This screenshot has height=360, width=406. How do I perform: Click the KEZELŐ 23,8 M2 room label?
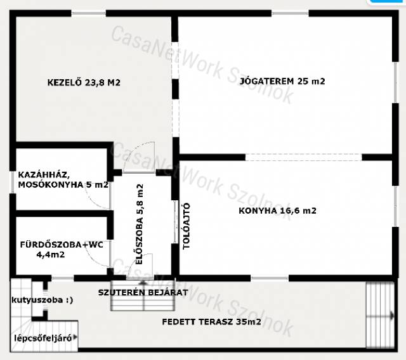(x=84, y=82)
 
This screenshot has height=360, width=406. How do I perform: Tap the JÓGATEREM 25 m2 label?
(x=282, y=81)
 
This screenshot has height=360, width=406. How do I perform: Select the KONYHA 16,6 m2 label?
(x=277, y=211)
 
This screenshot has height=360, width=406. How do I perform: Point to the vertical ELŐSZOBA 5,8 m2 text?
(x=140, y=224)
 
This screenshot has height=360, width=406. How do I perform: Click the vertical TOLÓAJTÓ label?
(x=187, y=226)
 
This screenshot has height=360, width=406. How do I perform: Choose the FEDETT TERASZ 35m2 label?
(x=211, y=322)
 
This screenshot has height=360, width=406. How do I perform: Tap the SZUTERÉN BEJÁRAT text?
(x=143, y=293)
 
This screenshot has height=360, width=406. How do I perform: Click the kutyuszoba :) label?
(x=43, y=300)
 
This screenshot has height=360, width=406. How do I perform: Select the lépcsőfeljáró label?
(x=43, y=338)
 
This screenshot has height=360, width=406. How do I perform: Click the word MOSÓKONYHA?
(x=51, y=185)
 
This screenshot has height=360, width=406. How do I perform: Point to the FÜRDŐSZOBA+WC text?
(x=62, y=245)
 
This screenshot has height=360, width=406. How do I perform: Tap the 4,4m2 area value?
(x=51, y=255)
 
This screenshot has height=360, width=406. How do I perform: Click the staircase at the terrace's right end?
(x=380, y=315)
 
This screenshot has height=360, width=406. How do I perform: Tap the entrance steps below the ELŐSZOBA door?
(x=143, y=295)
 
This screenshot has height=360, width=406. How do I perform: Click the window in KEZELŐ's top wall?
(x=89, y=13)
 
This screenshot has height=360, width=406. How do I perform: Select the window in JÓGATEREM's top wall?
(x=290, y=13)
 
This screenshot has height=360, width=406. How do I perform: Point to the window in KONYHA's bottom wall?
(x=270, y=278)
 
